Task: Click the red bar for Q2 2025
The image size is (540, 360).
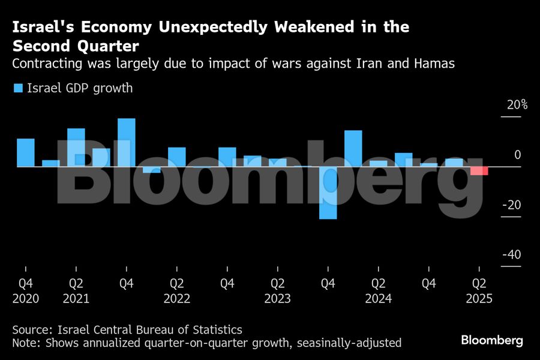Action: [479, 170]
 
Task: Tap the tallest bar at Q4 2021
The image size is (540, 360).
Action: [126, 142]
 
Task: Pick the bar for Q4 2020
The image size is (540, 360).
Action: [25, 152]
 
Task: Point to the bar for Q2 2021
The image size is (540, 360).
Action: [76, 147]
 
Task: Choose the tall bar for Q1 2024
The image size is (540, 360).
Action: [353, 148]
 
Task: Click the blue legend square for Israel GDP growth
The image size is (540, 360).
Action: [18, 88]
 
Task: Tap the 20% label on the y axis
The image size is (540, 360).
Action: [517, 105]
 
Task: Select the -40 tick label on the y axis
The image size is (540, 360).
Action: [511, 255]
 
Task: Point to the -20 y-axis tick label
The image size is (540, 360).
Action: [511, 205]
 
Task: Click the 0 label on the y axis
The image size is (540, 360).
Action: [517, 155]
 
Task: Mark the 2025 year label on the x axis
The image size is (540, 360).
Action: [478, 299]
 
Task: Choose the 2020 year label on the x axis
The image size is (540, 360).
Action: [25, 299]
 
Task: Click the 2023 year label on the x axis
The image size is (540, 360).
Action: [277, 299]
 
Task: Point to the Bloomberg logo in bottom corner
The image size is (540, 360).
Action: [491, 340]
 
